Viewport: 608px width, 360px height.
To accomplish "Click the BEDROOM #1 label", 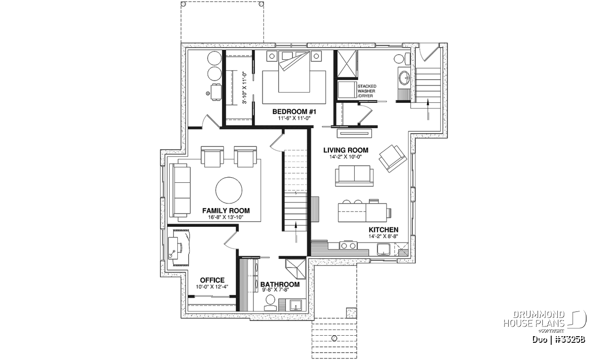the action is click(x=294, y=111).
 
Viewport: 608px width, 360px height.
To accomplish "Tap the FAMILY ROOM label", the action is click(x=226, y=211).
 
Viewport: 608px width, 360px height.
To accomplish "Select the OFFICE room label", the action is click(x=212, y=280).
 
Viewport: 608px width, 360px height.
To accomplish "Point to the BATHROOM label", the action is click(x=280, y=285).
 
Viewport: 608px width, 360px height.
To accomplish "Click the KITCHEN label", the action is click(x=383, y=230).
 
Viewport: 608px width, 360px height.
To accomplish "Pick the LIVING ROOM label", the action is click(x=346, y=150).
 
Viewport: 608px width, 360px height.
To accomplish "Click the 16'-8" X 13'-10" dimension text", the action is click(x=225, y=217).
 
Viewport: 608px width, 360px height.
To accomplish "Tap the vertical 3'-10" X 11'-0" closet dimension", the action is click(x=245, y=88).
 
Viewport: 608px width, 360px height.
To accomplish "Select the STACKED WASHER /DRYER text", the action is click(x=367, y=91).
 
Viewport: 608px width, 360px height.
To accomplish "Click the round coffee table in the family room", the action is click(x=229, y=190).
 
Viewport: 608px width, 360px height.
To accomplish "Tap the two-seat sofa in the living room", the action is click(x=354, y=176).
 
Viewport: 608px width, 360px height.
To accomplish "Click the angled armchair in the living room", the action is click(x=393, y=158).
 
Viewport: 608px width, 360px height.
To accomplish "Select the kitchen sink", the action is click(x=383, y=249).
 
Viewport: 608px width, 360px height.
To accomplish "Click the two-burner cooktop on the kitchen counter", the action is click(x=348, y=246).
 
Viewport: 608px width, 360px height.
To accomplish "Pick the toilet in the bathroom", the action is click(x=270, y=303).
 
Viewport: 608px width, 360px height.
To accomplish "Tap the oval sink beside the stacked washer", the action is click(x=404, y=77).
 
